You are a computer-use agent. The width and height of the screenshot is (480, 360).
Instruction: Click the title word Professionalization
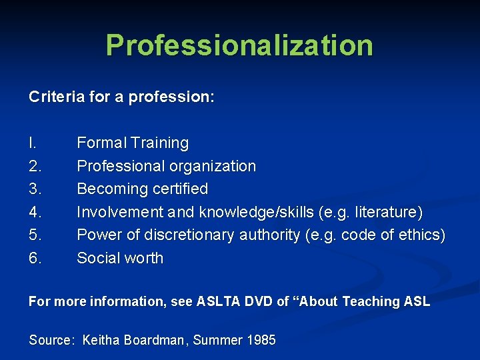239,45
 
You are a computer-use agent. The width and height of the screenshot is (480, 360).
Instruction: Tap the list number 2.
35,166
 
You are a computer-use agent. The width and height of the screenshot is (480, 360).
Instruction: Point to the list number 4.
35,212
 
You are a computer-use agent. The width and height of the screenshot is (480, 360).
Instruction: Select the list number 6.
35,258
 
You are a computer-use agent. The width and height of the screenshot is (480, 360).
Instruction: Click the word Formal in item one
101,143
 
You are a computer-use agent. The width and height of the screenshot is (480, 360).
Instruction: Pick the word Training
160,143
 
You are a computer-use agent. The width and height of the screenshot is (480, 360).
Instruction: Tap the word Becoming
109,189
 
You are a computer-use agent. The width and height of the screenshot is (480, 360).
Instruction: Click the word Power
97,235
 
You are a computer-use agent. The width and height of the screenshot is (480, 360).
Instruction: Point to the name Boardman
154,340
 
